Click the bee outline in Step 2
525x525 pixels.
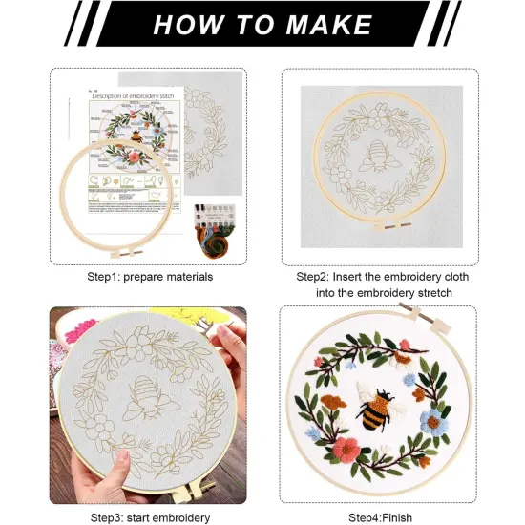coord(378,156)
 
